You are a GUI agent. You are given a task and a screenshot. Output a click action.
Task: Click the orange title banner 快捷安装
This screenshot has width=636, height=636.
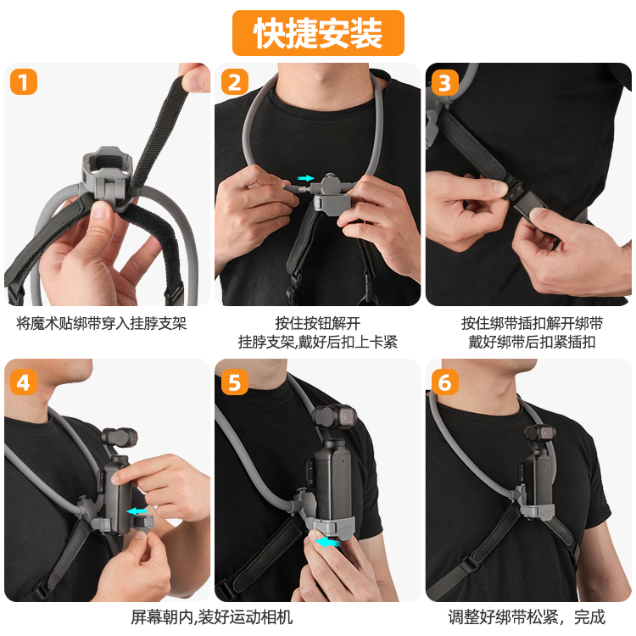[318, 33]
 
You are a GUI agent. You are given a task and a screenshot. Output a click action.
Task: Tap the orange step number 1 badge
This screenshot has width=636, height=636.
[24, 82]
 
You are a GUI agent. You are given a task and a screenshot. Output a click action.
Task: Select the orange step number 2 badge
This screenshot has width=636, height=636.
[235, 82]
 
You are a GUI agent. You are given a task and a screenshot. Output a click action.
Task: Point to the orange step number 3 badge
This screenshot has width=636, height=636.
[445, 83]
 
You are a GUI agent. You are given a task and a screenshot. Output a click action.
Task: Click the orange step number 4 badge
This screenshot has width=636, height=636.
[24, 382]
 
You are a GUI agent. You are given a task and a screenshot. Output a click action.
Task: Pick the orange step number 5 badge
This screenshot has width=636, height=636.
[235, 382]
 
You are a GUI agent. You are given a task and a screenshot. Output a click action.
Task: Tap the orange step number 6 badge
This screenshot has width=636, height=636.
[445, 382]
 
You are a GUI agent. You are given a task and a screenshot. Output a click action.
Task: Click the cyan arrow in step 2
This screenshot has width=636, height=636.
[305, 178]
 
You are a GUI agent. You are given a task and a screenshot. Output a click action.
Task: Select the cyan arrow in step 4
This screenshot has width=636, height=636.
[137, 511]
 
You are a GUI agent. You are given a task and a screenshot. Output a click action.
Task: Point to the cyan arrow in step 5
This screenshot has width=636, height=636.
[327, 542]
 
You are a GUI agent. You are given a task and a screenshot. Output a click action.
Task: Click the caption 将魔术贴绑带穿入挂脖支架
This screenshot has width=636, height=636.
[102, 324]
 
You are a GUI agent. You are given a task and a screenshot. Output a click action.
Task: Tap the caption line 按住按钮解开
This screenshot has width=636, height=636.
[318, 324]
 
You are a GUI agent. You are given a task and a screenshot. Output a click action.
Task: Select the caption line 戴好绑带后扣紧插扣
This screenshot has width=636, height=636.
[532, 343]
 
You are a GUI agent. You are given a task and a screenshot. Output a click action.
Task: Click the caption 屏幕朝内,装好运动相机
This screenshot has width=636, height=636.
[211, 617]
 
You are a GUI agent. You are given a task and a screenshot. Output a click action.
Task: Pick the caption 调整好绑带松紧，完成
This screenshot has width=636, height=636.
[527, 617]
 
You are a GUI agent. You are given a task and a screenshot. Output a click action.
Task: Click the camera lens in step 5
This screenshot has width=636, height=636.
[348, 416]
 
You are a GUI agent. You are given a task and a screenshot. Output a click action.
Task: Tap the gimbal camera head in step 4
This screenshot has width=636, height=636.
[119, 438]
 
